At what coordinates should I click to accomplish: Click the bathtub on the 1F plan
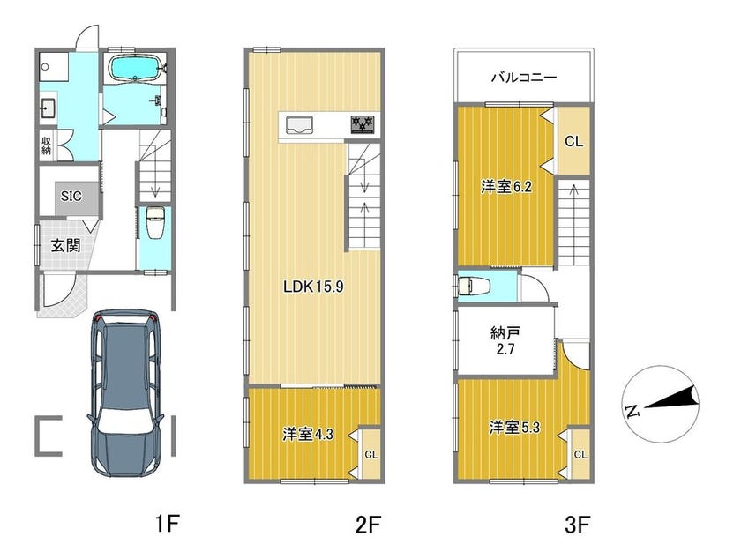(x=135, y=68)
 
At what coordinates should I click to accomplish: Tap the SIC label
(x=71, y=196)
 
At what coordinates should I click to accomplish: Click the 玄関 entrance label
(x=65, y=246)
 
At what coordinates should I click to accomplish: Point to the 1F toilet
(x=154, y=223)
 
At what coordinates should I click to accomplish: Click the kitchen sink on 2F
(x=298, y=125)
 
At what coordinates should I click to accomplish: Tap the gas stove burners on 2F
(x=363, y=124)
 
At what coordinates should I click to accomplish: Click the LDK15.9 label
(x=313, y=287)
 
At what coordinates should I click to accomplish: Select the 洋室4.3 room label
(x=308, y=434)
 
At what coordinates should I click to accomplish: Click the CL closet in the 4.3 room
(x=371, y=455)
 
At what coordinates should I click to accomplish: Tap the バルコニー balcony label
(x=524, y=77)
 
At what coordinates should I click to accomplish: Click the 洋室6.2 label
(x=506, y=187)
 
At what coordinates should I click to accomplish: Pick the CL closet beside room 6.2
(x=573, y=141)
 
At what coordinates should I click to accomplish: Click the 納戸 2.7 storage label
(x=505, y=341)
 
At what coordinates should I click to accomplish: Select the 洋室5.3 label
(x=514, y=428)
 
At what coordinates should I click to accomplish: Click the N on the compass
(x=632, y=411)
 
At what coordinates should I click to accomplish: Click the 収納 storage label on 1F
(x=46, y=145)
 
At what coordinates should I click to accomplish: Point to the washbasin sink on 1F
(x=49, y=108)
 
